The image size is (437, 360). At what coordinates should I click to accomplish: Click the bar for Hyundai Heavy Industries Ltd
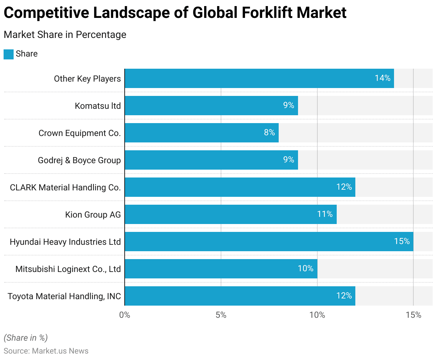coord(269,242)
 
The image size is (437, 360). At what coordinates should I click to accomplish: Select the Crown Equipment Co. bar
coord(201,133)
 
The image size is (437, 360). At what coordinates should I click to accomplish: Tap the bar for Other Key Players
coord(259,78)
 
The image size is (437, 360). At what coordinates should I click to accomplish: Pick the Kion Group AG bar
coord(230,214)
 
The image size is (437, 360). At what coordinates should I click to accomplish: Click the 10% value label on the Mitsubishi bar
coord(306,268)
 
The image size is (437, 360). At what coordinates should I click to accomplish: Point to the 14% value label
coord(383,78)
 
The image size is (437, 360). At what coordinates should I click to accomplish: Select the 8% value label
coord(269,132)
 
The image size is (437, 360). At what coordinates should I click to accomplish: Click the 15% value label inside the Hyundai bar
coord(402,241)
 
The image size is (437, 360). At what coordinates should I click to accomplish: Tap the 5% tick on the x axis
coord(221,315)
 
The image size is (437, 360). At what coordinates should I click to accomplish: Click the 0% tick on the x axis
coord(125,315)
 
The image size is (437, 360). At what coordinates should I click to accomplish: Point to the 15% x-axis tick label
coord(413,315)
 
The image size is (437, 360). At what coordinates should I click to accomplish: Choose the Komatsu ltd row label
coord(98,106)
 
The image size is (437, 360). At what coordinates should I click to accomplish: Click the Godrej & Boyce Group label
coord(79,160)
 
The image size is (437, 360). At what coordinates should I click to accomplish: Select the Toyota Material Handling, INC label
coord(64,296)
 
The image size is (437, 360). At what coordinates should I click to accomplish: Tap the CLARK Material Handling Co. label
coord(65,188)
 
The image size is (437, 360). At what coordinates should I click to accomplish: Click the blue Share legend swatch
coord(9,54)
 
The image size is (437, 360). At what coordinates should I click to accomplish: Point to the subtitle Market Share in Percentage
coord(65,35)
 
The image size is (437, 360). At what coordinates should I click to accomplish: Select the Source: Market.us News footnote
coord(46,351)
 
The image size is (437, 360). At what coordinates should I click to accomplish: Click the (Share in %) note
coord(25,338)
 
